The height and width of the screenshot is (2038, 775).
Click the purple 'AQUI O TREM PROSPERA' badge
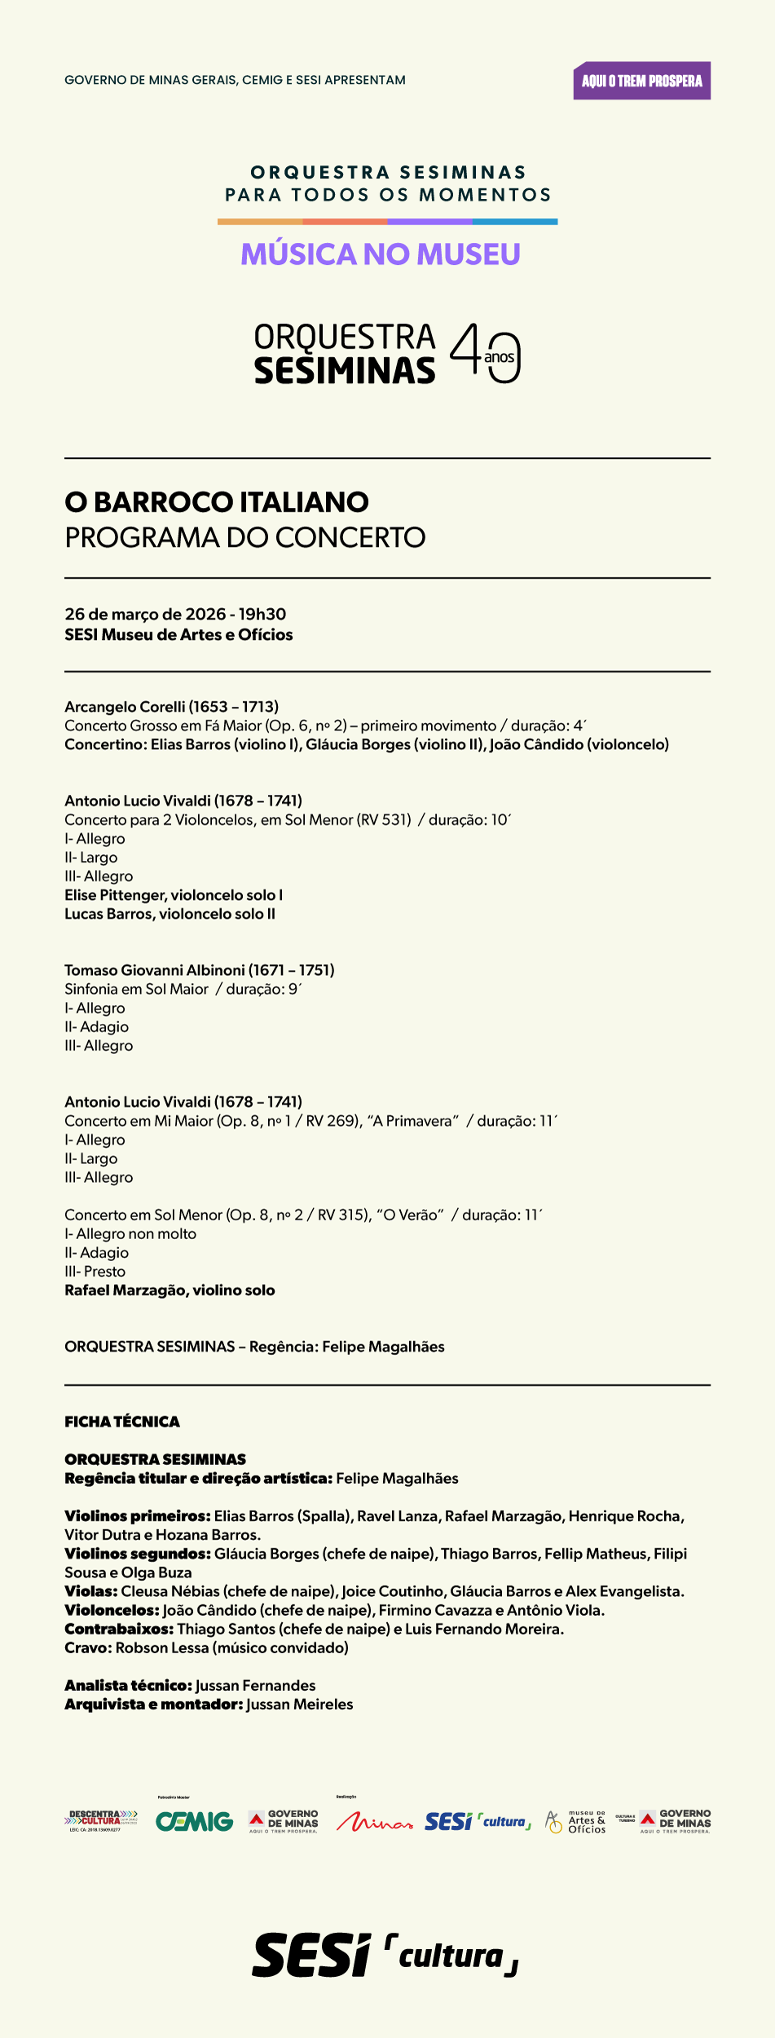641,81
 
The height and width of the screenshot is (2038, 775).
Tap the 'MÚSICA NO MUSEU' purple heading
381,254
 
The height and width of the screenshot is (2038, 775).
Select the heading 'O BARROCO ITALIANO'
217,501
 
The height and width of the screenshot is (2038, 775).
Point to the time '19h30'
262,614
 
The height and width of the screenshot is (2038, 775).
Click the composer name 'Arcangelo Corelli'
125,707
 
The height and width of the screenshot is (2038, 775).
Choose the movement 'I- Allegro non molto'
130,1234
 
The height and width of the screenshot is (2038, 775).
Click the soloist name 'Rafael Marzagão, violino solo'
170,1290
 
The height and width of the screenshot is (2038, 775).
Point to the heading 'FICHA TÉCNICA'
122,1422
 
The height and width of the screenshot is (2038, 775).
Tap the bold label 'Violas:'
91,1591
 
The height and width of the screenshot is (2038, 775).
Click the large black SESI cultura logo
385,1955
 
